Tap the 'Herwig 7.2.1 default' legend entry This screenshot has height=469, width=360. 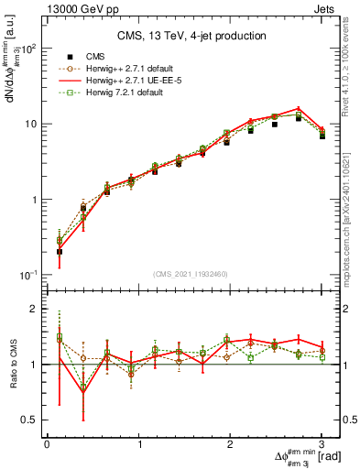click(x=115, y=92)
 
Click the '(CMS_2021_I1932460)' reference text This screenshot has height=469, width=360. click(x=191, y=274)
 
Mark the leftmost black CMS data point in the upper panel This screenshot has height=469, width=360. click(x=60, y=251)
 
